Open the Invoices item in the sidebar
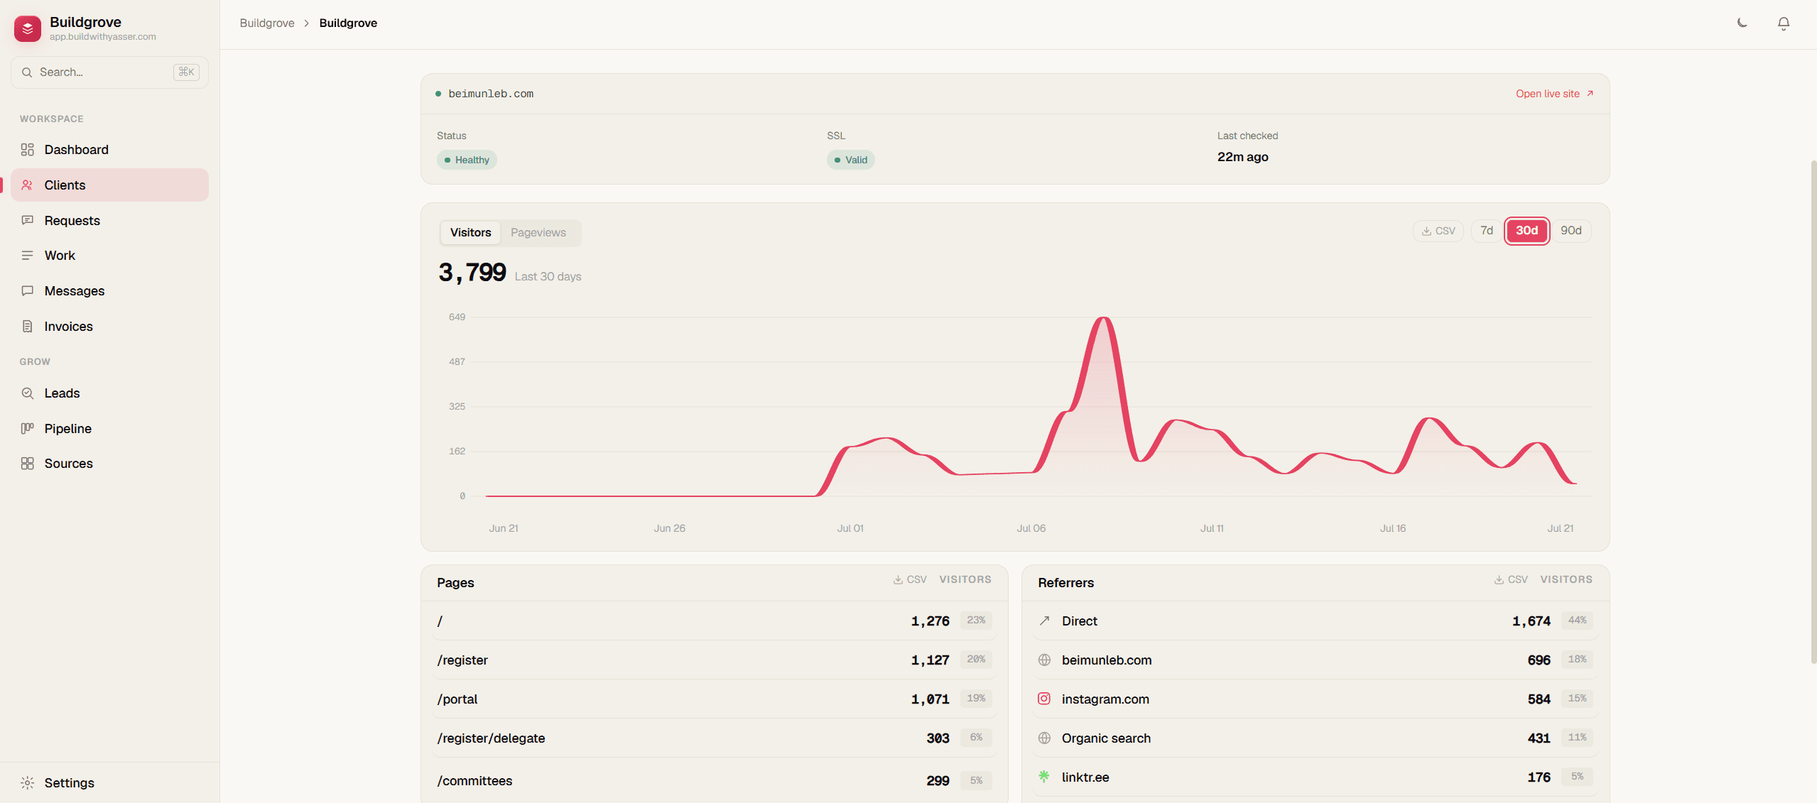[x=68, y=326]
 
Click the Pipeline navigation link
[x=67, y=428]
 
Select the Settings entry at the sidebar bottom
[x=69, y=782]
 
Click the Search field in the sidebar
[x=109, y=72]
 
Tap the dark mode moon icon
[x=1742, y=23]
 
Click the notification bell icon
[x=1783, y=23]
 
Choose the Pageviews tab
[x=538, y=232]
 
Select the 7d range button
[x=1486, y=231]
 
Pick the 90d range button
[x=1571, y=231]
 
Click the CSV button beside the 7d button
[x=1438, y=231]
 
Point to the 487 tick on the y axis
[x=457, y=361]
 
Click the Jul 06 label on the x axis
[x=1031, y=528]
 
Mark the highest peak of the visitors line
[x=1103, y=318]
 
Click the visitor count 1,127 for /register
[x=930, y=660]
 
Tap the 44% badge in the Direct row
[x=1577, y=620]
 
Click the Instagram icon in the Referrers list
[x=1043, y=699]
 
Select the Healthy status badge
[x=467, y=160]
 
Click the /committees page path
[x=474, y=780]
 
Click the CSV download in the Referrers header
[x=1510, y=579]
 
